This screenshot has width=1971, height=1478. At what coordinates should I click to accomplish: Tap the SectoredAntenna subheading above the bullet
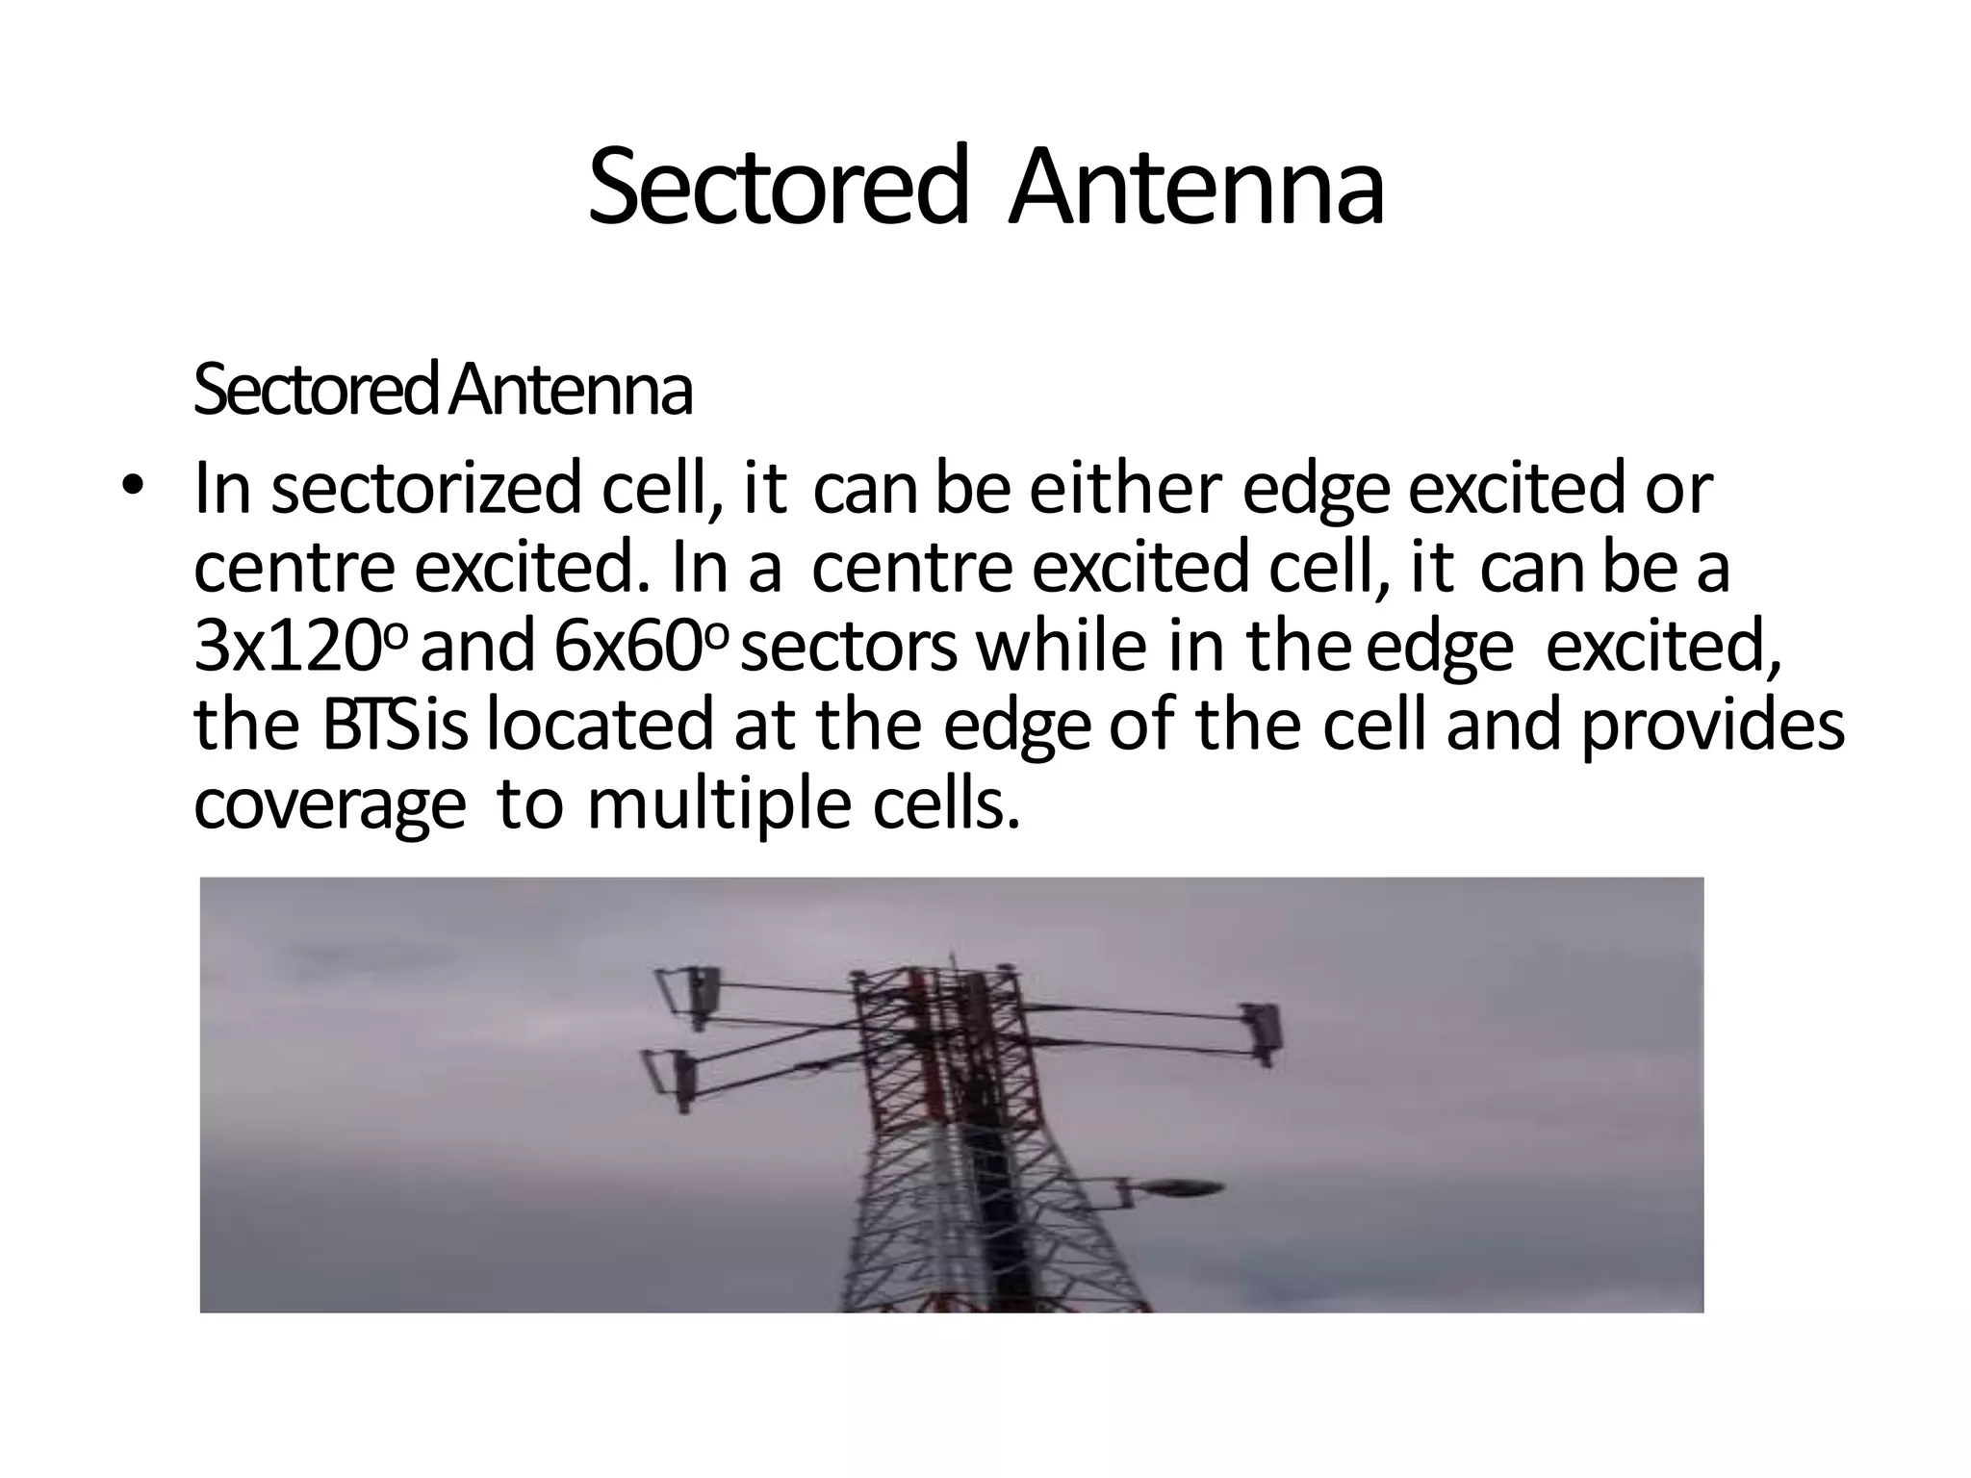pyautogui.click(x=443, y=389)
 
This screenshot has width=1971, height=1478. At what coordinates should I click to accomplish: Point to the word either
pyautogui.click(x=1126, y=488)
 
